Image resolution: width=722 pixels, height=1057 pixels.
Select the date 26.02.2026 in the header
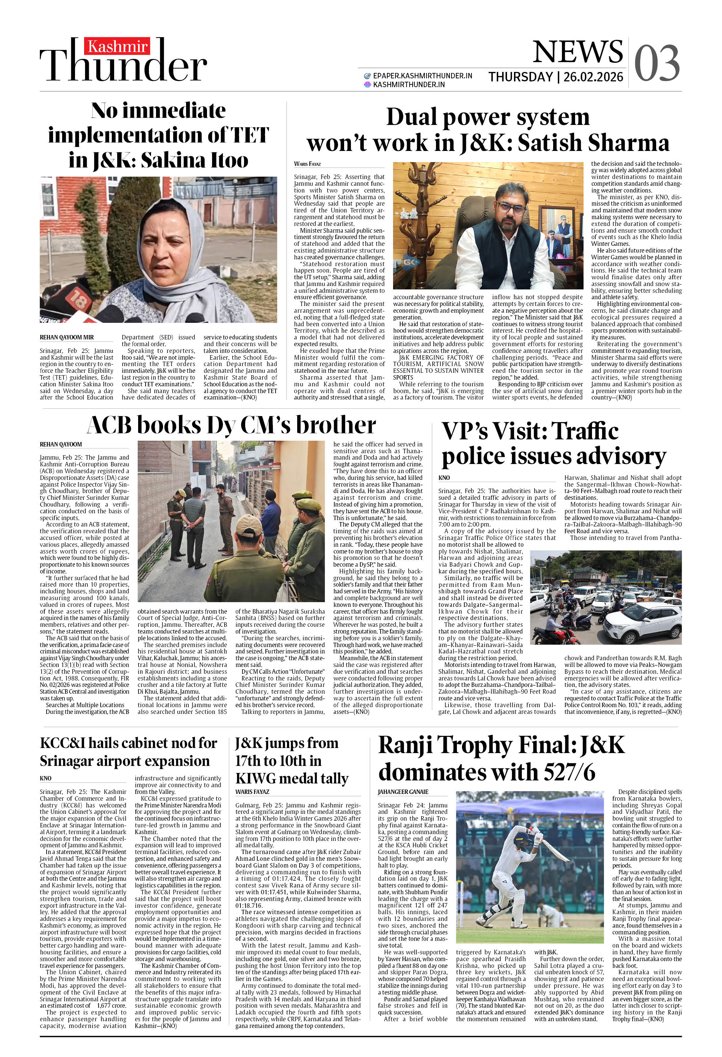(593, 77)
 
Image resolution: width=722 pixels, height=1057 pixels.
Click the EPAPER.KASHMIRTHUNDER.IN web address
(422, 76)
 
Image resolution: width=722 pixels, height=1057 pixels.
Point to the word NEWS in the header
(577, 52)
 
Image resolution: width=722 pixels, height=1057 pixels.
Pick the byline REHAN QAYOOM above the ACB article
(60, 444)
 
